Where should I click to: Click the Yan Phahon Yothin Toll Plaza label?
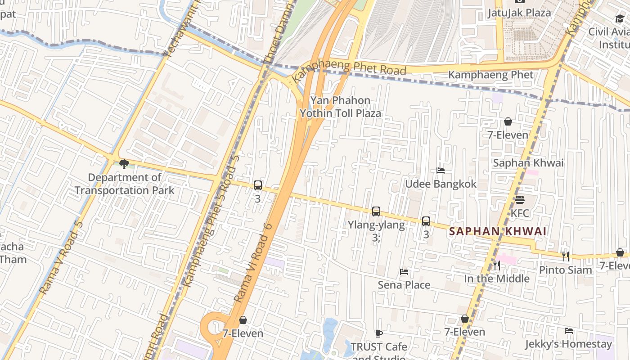click(341, 107)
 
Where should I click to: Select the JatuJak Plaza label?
click(519, 13)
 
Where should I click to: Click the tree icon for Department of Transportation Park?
click(124, 164)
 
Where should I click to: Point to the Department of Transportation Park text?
click(124, 184)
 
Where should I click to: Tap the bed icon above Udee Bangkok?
click(441, 171)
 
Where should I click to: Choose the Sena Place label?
click(404, 285)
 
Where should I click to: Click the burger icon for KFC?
click(520, 199)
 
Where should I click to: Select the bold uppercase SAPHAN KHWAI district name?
click(498, 231)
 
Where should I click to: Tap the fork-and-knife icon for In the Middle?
click(497, 265)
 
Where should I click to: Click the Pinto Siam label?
click(566, 270)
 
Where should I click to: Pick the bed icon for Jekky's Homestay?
click(569, 331)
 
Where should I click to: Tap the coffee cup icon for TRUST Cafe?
click(379, 333)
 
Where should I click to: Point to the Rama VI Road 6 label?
click(253, 262)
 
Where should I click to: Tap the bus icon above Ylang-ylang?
click(376, 211)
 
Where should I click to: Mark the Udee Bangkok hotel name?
click(441, 184)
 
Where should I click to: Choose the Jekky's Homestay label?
click(569, 344)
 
